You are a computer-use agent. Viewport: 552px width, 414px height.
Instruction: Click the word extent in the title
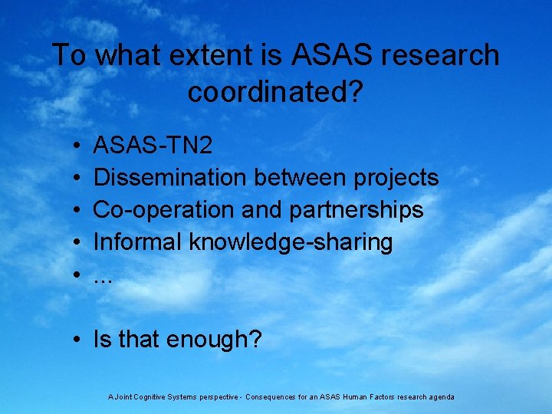tap(191, 55)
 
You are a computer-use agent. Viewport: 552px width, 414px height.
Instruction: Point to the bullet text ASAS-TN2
tap(153, 146)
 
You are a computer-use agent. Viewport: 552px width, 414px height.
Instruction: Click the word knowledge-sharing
tap(291, 242)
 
